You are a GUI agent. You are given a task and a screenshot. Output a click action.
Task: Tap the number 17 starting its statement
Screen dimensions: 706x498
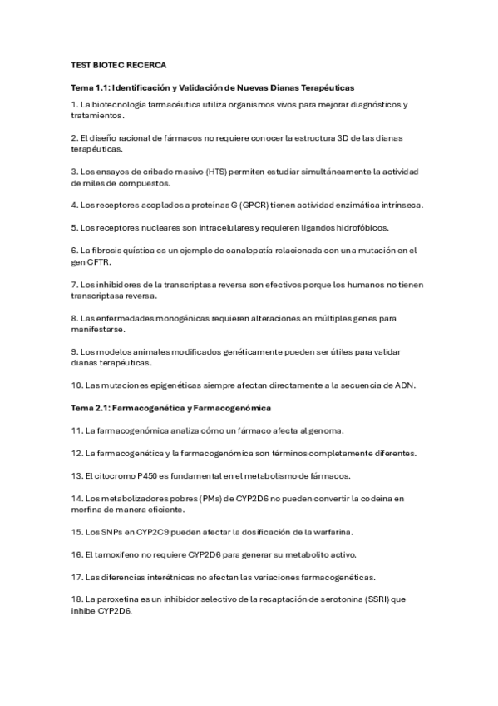[x=76, y=576]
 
